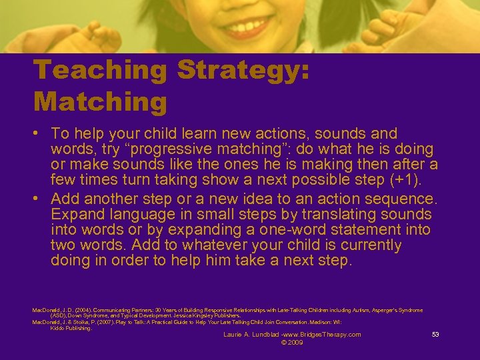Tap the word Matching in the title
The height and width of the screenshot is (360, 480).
click(100, 102)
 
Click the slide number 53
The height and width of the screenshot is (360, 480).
click(435, 334)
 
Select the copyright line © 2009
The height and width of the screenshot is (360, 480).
click(293, 342)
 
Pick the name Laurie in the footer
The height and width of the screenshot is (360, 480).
click(233, 334)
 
